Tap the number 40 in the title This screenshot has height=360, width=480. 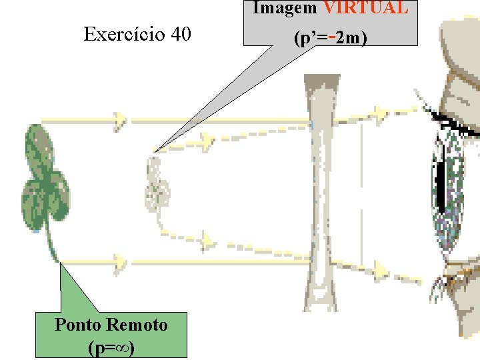click(180, 34)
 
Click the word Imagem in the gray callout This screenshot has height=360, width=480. click(285, 8)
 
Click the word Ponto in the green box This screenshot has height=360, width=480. click(77, 325)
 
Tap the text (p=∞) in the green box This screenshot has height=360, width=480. click(111, 347)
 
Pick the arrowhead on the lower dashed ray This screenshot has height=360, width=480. click(207, 239)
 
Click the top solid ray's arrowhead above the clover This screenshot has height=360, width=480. click(120, 120)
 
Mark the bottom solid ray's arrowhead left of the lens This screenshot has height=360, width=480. click(120, 261)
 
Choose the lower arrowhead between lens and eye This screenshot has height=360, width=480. click(380, 269)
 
